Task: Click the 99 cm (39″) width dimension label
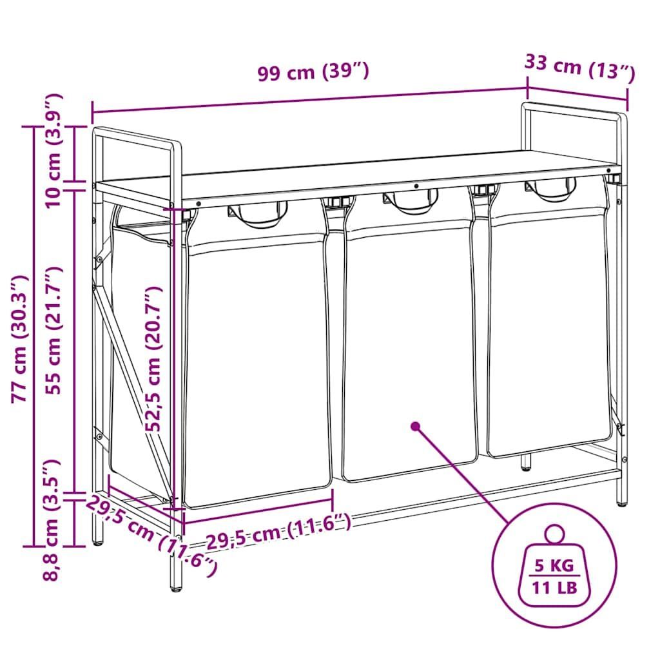(313, 72)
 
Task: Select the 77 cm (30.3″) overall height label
(20, 339)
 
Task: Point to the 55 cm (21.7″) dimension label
(54, 331)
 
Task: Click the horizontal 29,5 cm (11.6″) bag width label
(278, 532)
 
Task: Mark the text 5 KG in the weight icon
(554, 565)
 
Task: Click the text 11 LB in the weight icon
(554, 588)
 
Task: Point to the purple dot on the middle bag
(416, 427)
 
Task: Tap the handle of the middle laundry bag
(411, 201)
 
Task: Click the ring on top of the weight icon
(554, 534)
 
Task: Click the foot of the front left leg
(177, 587)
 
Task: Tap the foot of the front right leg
(622, 501)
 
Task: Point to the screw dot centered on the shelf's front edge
(416, 186)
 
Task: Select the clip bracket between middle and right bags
(483, 189)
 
